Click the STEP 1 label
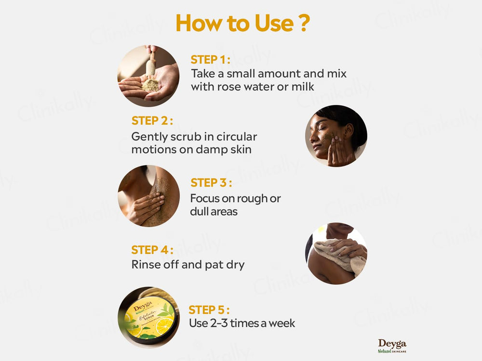pos(210,60)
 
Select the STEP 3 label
pos(211,183)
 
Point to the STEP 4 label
pos(152,250)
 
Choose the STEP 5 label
pos(209,309)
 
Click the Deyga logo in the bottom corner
pos(392,346)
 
